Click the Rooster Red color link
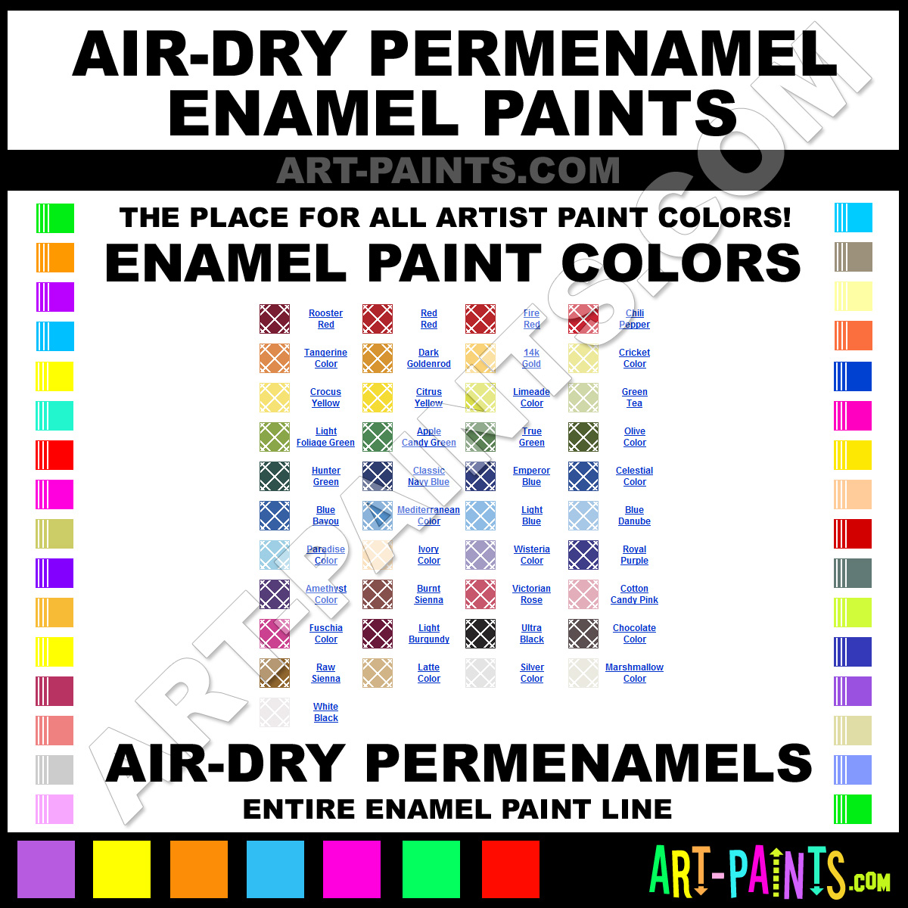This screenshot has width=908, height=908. pyautogui.click(x=325, y=319)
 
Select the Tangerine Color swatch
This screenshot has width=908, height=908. pyautogui.click(x=275, y=358)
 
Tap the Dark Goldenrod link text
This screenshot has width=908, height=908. pyautogui.click(x=429, y=358)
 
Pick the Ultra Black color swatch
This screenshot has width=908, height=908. pyautogui.click(x=480, y=634)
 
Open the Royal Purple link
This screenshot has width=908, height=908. pyautogui.click(x=634, y=555)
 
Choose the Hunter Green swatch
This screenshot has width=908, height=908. pyautogui.click(x=275, y=476)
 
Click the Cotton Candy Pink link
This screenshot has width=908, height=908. pyautogui.click(x=634, y=594)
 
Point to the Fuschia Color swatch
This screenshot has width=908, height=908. pyautogui.click(x=275, y=634)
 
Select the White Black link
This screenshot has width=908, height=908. pyautogui.click(x=325, y=712)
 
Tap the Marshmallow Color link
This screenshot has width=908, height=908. pyautogui.click(x=634, y=673)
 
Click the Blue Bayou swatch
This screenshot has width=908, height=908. pyautogui.click(x=275, y=515)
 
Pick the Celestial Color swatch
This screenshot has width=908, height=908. pyautogui.click(x=583, y=476)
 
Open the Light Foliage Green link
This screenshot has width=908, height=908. pyautogui.click(x=325, y=437)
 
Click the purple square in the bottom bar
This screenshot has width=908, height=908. pyautogui.click(x=46, y=869)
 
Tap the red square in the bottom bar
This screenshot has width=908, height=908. pyautogui.click(x=511, y=869)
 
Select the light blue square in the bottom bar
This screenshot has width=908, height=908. pyautogui.click(x=275, y=869)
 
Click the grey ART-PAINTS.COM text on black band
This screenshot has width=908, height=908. pyautogui.click(x=448, y=170)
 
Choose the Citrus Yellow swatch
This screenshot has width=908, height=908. pyautogui.click(x=378, y=397)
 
